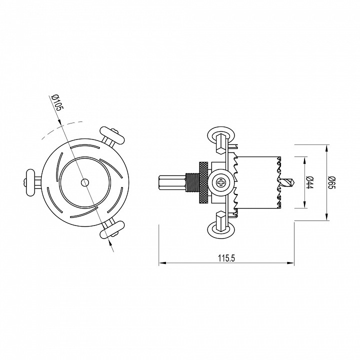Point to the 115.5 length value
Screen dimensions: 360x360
[226, 257]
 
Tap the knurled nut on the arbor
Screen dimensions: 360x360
[204, 182]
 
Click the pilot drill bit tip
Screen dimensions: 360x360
[289, 182]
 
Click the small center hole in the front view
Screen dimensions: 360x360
[84, 182]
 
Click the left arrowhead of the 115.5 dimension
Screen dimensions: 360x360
[161, 263]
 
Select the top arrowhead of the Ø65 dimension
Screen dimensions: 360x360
[327, 147]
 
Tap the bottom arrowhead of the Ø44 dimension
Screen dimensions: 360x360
[304, 205]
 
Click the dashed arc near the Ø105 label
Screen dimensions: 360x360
[50, 132]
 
